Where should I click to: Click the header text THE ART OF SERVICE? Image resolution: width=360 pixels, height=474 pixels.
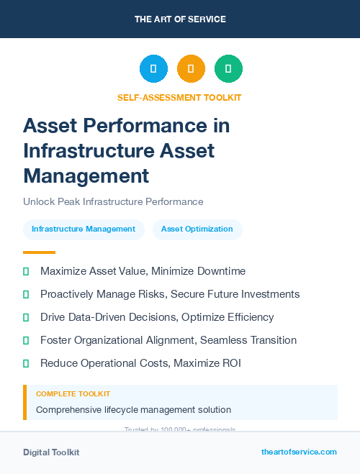click(x=180, y=19)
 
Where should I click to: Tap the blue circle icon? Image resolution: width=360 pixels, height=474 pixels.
click(x=153, y=69)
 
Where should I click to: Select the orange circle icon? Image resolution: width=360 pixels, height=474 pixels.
click(x=191, y=69)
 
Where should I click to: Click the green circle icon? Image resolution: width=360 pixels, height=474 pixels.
click(x=228, y=69)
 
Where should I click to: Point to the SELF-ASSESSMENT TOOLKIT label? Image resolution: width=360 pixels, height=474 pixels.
click(x=179, y=97)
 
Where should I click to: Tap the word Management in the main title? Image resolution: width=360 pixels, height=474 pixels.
click(x=86, y=175)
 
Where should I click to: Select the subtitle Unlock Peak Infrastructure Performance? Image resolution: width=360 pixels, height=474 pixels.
click(x=113, y=202)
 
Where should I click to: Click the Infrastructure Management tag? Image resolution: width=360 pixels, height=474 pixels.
click(x=84, y=229)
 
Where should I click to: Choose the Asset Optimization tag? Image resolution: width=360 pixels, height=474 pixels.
click(x=197, y=229)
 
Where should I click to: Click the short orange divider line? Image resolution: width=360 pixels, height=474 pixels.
click(x=39, y=252)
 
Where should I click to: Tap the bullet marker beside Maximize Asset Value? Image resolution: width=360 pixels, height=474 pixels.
click(x=26, y=272)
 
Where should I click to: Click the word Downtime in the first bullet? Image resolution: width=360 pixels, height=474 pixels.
click(x=220, y=272)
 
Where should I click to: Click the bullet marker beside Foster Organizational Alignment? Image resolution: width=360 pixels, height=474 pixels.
click(x=26, y=340)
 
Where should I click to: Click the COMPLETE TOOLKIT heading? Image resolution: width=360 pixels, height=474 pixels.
click(x=73, y=394)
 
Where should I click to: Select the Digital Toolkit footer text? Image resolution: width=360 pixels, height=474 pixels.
click(x=51, y=452)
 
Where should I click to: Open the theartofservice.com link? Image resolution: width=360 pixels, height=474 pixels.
click(x=299, y=452)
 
